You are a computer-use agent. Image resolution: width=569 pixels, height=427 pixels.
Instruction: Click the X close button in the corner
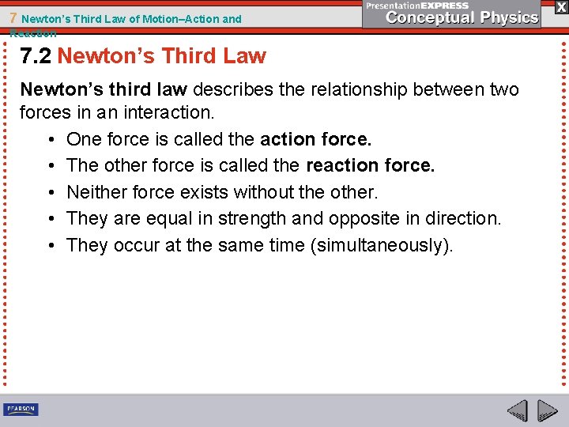click(x=560, y=7)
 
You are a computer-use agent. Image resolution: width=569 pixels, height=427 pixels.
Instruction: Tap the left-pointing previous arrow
click(x=518, y=411)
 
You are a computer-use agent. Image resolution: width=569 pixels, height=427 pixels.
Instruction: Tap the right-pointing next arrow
click(x=548, y=411)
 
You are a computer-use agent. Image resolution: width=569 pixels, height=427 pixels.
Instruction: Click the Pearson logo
click(x=21, y=410)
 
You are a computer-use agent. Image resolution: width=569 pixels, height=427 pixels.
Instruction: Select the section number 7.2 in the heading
click(x=36, y=56)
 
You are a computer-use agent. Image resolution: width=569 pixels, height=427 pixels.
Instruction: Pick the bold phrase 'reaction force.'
click(x=370, y=166)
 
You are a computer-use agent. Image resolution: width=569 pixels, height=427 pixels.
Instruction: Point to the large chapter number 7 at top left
click(x=13, y=19)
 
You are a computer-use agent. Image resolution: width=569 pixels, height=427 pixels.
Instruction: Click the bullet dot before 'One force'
click(x=50, y=140)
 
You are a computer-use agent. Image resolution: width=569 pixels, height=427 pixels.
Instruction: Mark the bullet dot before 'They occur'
click(x=50, y=246)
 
